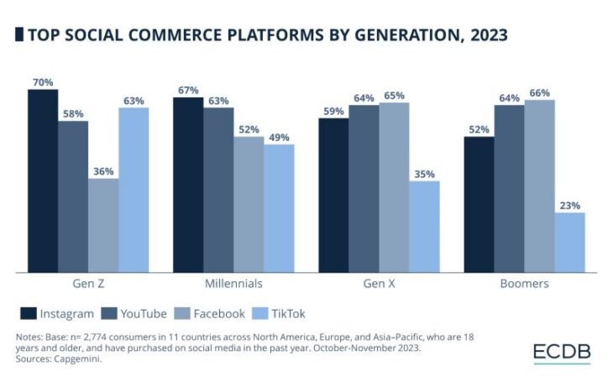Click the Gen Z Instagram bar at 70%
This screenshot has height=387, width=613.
coord(43,180)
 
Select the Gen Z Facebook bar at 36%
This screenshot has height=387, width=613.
coord(103,225)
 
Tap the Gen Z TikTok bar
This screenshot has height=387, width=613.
coord(134,190)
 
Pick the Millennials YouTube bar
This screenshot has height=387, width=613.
coord(218,190)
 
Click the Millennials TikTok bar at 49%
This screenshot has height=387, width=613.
coord(279,208)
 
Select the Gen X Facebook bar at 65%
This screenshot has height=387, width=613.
coord(394,187)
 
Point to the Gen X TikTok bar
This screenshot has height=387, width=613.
coord(424,227)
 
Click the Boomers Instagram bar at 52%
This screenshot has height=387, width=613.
coord(479,204)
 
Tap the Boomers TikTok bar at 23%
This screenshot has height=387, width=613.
coord(569,242)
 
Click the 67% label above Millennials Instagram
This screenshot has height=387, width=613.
coord(188,90)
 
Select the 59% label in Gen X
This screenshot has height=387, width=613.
coord(333,111)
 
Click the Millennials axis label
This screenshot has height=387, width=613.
coord(233,284)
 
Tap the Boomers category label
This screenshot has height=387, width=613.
coord(524,284)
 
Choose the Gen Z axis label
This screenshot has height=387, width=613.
coord(87,284)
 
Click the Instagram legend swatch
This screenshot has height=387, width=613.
coord(28,314)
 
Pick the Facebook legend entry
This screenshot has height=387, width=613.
coord(210,314)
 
